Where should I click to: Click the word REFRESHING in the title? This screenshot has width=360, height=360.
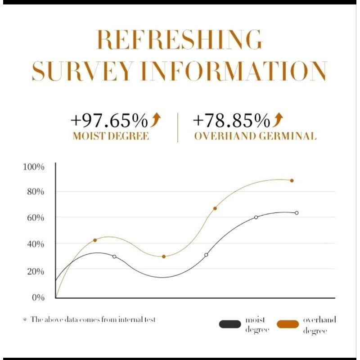point(179,40)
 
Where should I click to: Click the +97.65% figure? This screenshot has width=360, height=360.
point(109,121)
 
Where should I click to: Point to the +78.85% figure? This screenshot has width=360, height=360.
point(232,121)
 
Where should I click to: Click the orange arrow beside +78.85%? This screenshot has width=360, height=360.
point(279,120)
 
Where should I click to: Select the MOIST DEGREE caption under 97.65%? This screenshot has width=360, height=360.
point(110,136)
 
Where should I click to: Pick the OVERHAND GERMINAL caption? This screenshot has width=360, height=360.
point(255,136)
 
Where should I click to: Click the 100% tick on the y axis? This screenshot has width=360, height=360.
point(34,167)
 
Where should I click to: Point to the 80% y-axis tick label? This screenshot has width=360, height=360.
point(35,192)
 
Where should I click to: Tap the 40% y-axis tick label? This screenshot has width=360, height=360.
point(35,244)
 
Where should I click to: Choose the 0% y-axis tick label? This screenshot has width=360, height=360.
point(37,297)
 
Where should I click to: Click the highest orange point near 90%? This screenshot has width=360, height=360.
point(292,180)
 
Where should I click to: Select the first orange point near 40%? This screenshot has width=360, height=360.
point(95,240)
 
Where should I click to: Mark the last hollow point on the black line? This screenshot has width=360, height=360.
point(297,213)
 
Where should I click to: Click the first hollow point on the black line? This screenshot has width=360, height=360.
point(114,256)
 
